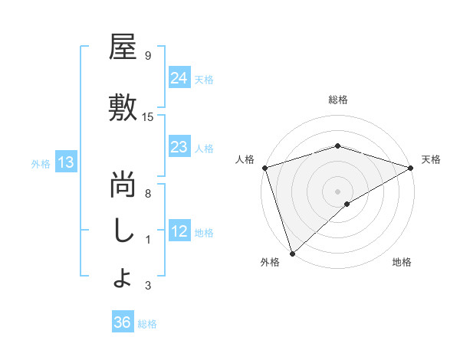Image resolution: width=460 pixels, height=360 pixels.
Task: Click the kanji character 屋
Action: [x=123, y=47]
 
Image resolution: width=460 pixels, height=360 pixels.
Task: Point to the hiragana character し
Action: [x=123, y=232]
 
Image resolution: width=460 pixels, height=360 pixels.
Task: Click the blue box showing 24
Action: [x=179, y=77]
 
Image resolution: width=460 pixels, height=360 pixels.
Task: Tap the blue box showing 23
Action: [x=179, y=147]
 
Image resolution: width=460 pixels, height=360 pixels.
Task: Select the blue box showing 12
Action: [x=179, y=231]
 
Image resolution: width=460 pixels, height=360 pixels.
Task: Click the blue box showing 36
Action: [x=122, y=322]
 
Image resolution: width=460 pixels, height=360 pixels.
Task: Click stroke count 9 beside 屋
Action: [x=147, y=56]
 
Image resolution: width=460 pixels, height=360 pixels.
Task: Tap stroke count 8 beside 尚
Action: [x=147, y=195]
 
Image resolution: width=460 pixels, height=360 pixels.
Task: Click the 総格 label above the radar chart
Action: [x=337, y=100]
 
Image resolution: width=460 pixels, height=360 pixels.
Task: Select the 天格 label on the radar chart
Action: [x=431, y=159]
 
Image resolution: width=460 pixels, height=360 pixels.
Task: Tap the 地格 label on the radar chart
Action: [x=402, y=263]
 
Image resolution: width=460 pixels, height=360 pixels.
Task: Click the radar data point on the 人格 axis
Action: [x=264, y=167]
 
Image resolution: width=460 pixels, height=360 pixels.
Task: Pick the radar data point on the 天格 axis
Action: [x=411, y=167]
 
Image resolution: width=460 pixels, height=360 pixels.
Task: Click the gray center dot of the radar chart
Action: [x=337, y=191]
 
